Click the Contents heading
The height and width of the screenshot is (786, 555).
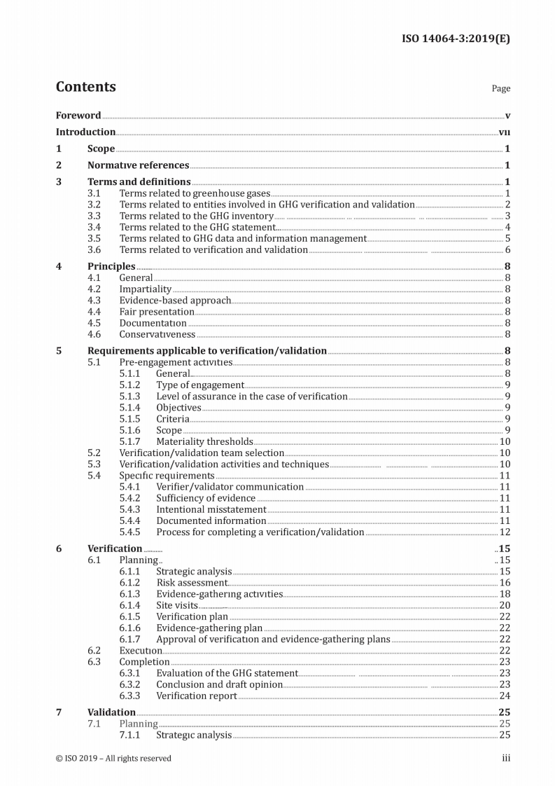tap(85, 87)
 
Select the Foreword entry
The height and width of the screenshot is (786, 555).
tap(78, 116)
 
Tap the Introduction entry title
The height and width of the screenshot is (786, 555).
tap(85, 132)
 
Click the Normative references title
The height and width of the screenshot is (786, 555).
tap(138, 165)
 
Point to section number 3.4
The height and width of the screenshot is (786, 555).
tap(94, 227)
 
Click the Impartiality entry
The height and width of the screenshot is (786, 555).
tap(145, 289)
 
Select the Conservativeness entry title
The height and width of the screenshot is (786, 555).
tap(157, 334)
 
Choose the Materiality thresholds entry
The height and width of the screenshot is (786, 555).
tap(204, 441)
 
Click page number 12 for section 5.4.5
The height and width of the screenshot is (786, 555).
tap(505, 532)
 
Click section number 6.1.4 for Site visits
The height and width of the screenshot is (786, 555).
tap(129, 605)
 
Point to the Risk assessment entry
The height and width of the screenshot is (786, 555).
tap(192, 583)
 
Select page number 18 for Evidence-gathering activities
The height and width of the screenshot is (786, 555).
tap(505, 594)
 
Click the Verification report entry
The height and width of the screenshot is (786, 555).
tap(196, 696)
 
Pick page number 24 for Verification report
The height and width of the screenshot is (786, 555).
tap(505, 696)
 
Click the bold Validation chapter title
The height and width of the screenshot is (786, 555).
tap(111, 712)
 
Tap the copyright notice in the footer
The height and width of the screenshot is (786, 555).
tap(113, 758)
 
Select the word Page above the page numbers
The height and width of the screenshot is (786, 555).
tap(501, 89)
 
